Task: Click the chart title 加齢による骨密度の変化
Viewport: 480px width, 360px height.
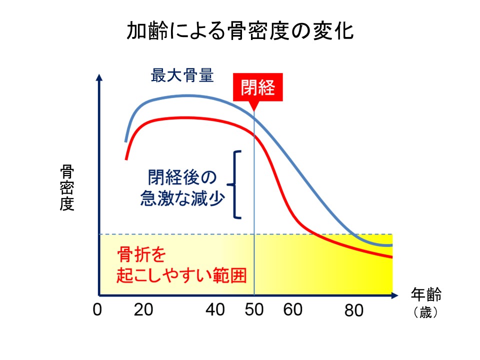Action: [240, 31]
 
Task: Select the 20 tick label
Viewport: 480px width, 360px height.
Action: [143, 310]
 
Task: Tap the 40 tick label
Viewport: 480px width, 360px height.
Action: [215, 310]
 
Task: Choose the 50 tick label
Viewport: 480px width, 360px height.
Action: [254, 310]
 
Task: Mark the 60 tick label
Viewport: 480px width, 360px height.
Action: [293, 310]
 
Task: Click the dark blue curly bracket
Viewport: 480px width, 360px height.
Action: [237, 184]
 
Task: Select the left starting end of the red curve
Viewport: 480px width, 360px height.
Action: [126, 159]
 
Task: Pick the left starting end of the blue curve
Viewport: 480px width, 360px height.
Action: [125, 141]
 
